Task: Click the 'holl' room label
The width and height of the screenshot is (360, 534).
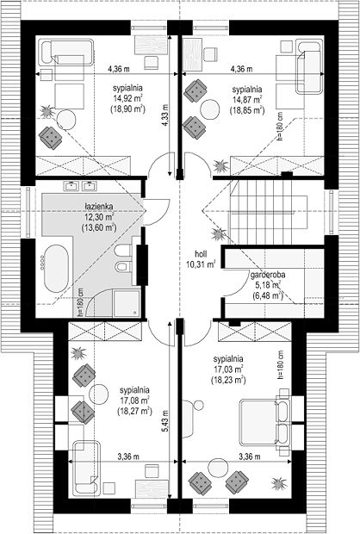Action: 201,253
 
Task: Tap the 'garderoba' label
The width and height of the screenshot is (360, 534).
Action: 268,275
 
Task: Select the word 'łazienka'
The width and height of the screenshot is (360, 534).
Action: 99,207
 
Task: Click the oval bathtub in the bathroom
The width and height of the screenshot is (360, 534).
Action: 56,268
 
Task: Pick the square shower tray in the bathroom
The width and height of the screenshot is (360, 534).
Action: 127,303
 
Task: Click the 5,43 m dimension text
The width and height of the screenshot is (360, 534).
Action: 164,421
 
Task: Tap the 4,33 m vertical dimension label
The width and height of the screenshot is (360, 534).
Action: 164,115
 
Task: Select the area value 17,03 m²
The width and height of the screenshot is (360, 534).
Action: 228,369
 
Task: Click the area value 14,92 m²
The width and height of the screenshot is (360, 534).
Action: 127,99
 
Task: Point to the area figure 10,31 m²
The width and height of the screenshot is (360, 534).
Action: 201,264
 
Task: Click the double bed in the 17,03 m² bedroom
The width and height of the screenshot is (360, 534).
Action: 264,423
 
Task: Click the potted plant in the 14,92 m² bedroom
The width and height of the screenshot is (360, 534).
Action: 47,111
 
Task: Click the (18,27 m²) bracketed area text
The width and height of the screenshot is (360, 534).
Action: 134,411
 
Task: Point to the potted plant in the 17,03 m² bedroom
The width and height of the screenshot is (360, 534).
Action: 278,483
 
